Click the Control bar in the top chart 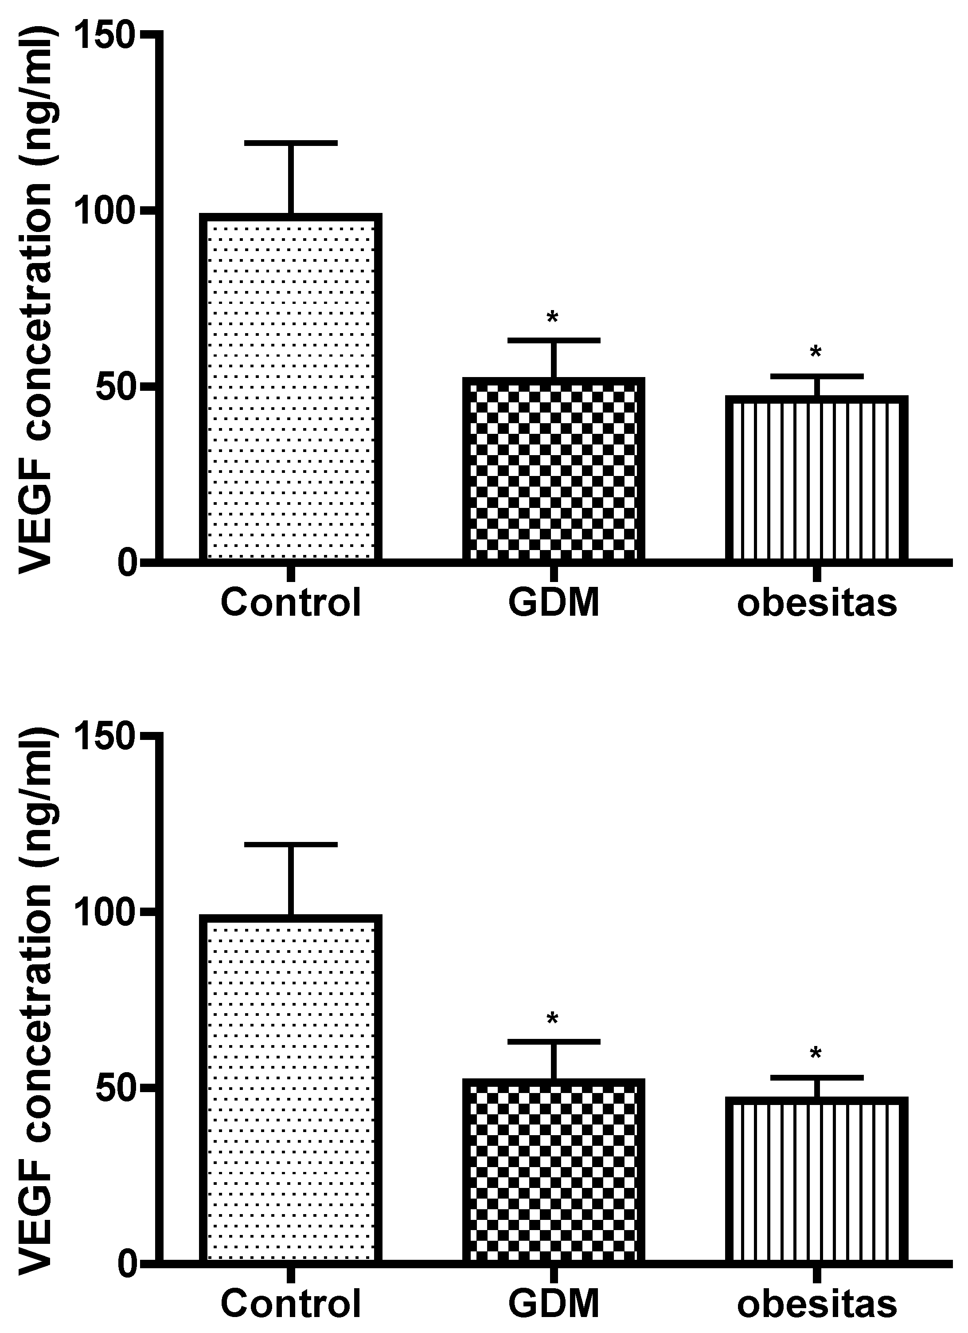coord(290,388)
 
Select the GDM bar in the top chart coord(553,470)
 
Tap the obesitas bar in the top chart coord(816,479)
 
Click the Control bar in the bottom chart coord(290,1087)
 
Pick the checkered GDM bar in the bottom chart coord(553,1170)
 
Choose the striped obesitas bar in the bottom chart coord(816,1179)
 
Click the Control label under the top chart coord(290,602)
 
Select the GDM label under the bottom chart coord(553,1304)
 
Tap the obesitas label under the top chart coord(816,602)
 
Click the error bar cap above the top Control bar coord(290,143)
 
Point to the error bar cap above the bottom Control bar coord(290,844)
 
